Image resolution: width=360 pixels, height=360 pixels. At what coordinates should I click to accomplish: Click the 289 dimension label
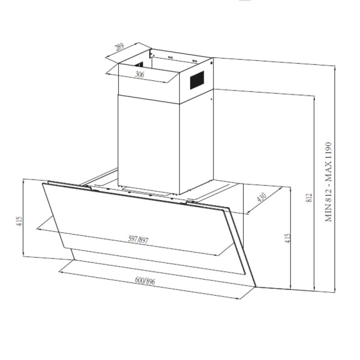tap(119, 47)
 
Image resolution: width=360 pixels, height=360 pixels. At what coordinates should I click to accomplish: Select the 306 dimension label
tap(139, 74)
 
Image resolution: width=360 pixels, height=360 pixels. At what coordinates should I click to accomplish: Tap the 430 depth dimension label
tap(262, 197)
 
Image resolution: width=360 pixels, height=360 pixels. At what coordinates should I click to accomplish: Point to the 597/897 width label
tap(138, 239)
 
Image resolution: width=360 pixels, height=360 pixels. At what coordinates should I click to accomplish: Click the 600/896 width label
tap(145, 281)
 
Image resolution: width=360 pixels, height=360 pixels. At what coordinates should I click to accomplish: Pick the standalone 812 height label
tap(310, 198)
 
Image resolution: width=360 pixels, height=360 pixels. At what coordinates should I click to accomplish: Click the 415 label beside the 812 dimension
tap(288, 238)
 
